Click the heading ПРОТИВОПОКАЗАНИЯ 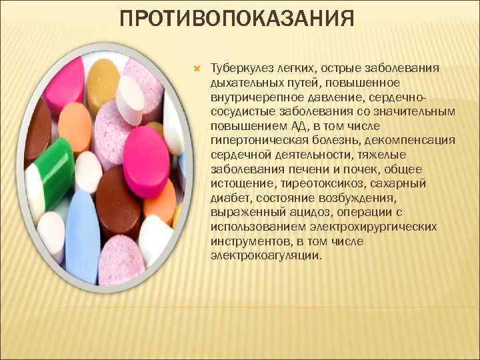pos(236,18)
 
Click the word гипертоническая pos(250,140)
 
